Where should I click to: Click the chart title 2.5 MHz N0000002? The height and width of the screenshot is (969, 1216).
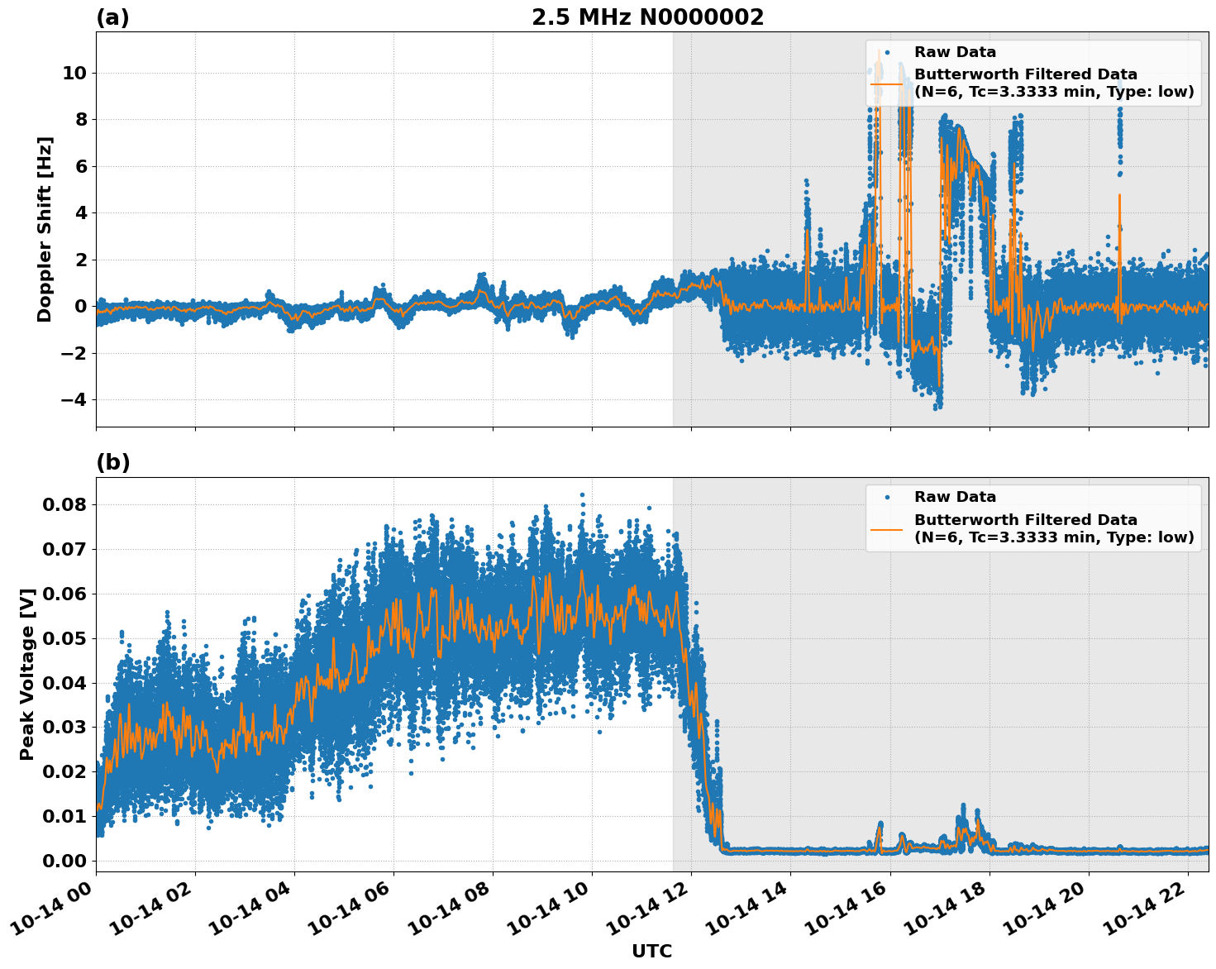pos(647,17)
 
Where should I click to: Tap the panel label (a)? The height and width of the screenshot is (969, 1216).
pos(112,17)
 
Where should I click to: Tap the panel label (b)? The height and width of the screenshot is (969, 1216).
pos(112,462)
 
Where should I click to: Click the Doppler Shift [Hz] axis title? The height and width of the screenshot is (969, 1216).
pos(45,229)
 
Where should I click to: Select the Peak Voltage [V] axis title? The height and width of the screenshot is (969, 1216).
pos(27,675)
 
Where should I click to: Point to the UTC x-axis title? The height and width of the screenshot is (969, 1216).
pos(651,951)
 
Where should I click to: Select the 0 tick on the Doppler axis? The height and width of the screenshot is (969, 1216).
pos(81,307)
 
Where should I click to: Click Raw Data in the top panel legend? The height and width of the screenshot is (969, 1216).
pos(955,52)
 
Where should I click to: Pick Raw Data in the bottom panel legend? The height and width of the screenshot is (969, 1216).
pos(955,497)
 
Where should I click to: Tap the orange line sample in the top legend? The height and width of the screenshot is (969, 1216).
pos(886,83)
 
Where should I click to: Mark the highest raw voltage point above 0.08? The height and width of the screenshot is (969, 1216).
pos(582,494)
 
